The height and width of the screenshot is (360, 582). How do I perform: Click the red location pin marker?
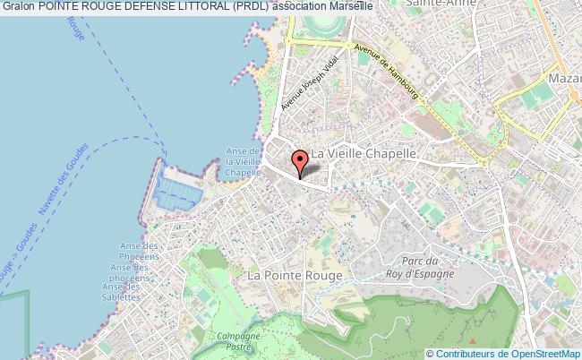point(300,162)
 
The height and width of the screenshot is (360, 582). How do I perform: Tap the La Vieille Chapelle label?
point(363,153)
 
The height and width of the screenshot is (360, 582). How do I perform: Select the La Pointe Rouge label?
point(294,277)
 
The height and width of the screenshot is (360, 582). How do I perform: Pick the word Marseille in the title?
point(350,6)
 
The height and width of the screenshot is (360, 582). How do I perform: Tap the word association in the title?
point(303,6)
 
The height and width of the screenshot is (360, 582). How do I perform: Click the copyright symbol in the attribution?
point(428,352)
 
